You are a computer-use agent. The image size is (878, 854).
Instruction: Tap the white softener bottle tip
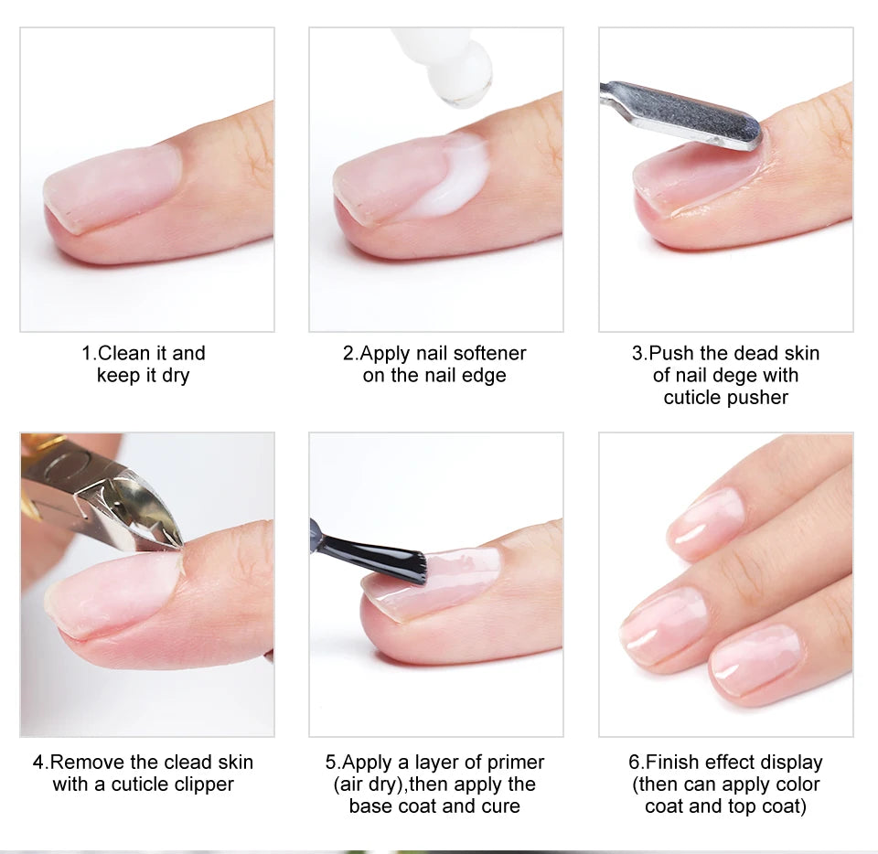click(x=453, y=69)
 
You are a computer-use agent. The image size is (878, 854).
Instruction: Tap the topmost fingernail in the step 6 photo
click(x=705, y=522)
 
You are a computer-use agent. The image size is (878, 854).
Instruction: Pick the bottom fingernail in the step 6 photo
click(x=755, y=659)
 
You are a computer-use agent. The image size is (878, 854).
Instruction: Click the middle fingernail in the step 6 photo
click(x=663, y=626)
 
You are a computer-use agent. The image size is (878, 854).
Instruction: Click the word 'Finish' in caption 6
click(x=674, y=763)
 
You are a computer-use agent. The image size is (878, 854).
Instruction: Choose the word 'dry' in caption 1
click(x=173, y=376)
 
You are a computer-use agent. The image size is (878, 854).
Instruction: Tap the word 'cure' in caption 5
click(x=501, y=806)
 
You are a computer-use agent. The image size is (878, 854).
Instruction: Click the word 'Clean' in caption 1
click(x=123, y=353)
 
